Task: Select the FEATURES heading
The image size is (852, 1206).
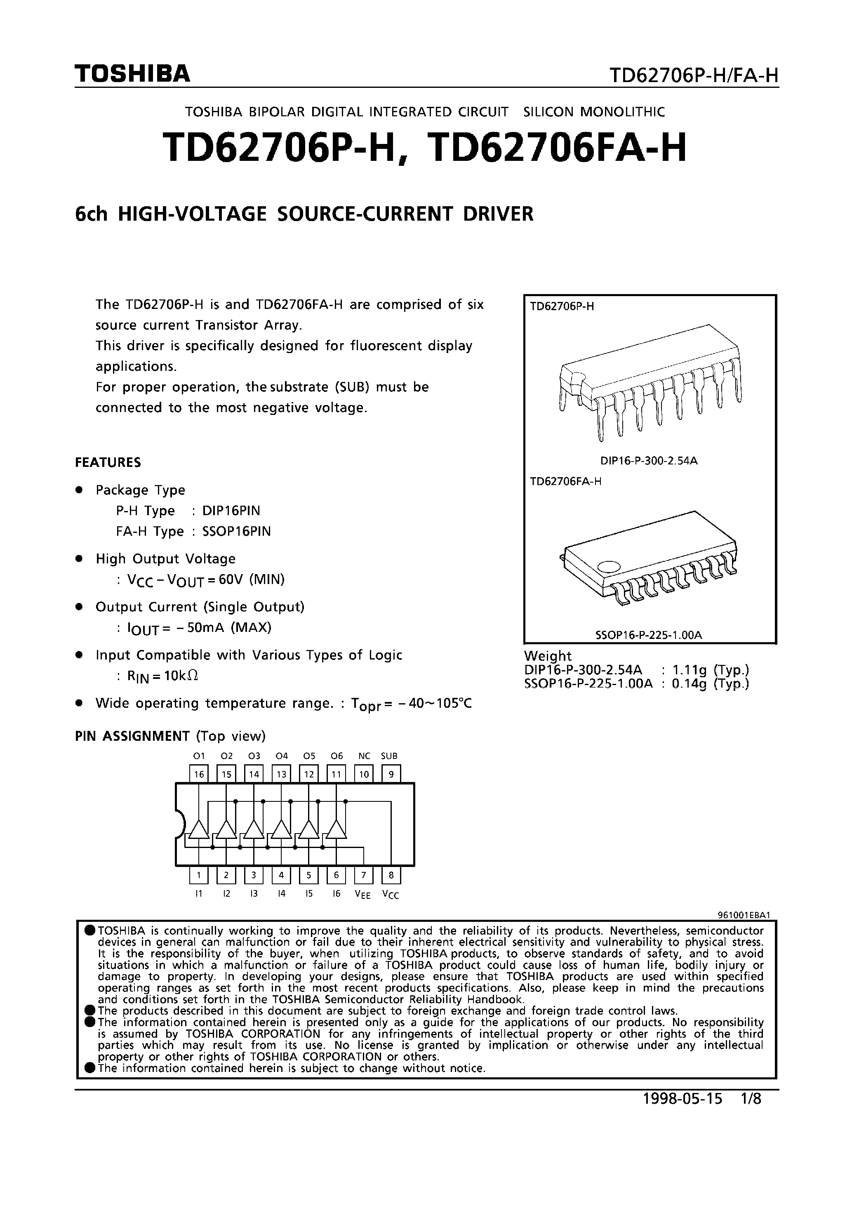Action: coord(108,462)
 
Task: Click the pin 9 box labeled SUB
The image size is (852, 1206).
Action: coord(391,774)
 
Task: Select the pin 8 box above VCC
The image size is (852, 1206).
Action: coord(391,875)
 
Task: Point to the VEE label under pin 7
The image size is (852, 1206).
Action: coord(363,895)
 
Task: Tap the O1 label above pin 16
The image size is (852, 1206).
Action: coord(198,756)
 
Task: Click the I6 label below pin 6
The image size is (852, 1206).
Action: coord(336,893)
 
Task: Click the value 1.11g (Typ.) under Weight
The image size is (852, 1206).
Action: coord(711,670)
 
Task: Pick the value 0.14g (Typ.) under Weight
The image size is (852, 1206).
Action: coord(711,684)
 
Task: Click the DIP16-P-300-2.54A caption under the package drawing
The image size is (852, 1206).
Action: coord(649,461)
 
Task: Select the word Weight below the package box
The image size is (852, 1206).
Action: coord(547,656)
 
